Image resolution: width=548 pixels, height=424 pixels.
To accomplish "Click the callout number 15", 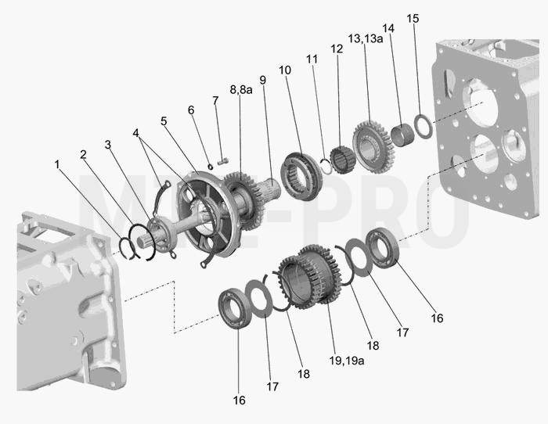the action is pos(413,19).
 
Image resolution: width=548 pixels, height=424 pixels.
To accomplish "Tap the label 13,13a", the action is pos(366,38).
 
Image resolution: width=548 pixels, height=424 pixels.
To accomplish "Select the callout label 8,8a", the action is pos(241,90).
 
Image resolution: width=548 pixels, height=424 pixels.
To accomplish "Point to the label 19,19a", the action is pos(347,361).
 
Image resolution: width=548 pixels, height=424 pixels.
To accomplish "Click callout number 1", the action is pos(57,164).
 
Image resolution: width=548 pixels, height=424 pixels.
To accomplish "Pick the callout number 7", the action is pos(215,101).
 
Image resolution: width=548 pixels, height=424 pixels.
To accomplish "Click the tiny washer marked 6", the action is pos(210,167).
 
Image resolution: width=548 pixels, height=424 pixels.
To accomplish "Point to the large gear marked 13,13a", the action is pos(373,147).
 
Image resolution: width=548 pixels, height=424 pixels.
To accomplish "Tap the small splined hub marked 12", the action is pos(343,160).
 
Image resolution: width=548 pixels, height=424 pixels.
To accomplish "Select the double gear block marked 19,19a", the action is pos(310,277).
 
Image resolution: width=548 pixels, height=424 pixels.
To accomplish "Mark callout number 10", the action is pos(285,70).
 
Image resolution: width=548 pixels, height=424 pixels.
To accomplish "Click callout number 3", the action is pos(108,144).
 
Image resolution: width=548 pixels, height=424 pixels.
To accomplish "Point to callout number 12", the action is pos(337,49).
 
